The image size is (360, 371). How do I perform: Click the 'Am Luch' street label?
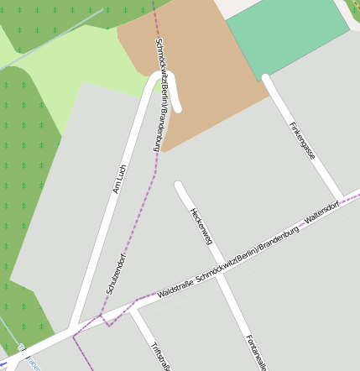click(x=119, y=179)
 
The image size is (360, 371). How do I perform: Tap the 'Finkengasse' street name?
click(x=301, y=139)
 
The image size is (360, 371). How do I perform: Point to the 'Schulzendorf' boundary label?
click(x=116, y=272)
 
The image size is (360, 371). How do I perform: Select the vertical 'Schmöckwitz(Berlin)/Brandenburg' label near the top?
click(x=162, y=94)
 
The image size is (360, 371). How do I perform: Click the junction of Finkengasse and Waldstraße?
click(x=340, y=199)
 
